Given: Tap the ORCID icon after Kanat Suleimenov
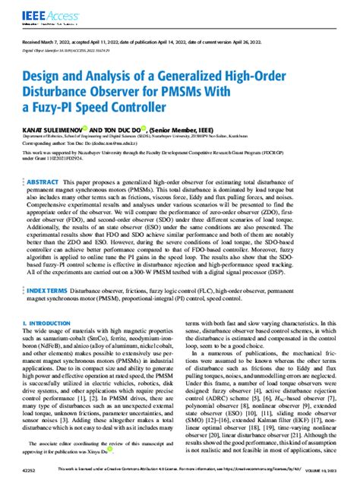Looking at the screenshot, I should click(109, 129).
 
